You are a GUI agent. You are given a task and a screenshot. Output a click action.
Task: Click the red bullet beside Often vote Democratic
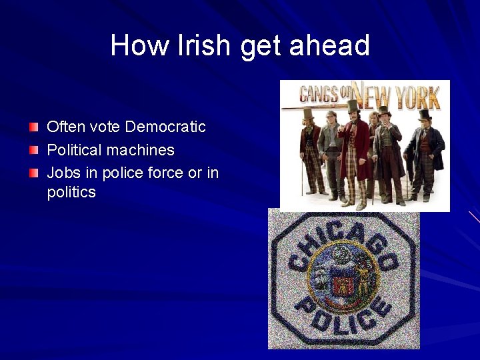coord(34,127)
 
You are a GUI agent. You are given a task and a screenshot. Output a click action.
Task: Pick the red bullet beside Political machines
coord(34,150)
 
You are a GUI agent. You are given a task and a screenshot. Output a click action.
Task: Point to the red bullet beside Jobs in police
coord(34,173)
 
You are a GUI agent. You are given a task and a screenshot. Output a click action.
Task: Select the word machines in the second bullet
coord(143,150)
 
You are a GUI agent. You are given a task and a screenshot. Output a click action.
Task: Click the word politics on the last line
coord(71,193)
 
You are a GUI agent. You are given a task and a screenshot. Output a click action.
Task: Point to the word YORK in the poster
coord(418,98)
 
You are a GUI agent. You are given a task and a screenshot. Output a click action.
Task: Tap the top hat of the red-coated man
coord(353,105)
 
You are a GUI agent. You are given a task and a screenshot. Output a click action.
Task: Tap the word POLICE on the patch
coord(342,315)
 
